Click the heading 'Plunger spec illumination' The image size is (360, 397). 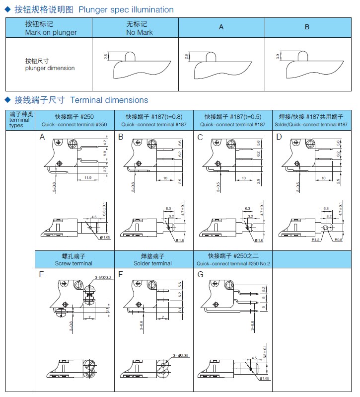126,9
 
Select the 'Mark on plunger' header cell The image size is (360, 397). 51,28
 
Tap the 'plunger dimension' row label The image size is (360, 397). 50,65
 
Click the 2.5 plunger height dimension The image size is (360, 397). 106,57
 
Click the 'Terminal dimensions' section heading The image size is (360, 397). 109,100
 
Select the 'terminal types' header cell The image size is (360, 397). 20,120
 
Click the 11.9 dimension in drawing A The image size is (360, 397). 87,177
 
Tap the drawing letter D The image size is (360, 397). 279,137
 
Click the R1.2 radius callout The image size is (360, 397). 315,239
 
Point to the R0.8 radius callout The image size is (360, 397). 338,239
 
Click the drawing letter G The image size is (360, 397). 201,274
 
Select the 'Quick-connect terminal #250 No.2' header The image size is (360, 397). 233,260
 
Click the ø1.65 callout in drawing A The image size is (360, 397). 103,238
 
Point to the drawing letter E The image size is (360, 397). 42,274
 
